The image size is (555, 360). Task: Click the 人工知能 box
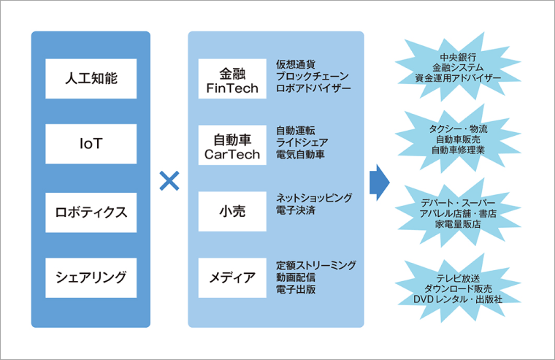[x=91, y=79]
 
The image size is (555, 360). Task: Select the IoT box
[x=91, y=145]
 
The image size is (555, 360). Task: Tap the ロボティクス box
[x=91, y=212]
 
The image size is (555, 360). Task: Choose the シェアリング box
[x=91, y=277]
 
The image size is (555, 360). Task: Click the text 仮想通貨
[x=296, y=63]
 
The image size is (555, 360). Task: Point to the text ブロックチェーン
[x=313, y=76]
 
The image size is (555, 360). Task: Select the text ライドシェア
[x=302, y=142]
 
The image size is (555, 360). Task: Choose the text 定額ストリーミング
[x=316, y=264]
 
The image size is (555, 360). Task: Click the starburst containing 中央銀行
[x=458, y=67]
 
